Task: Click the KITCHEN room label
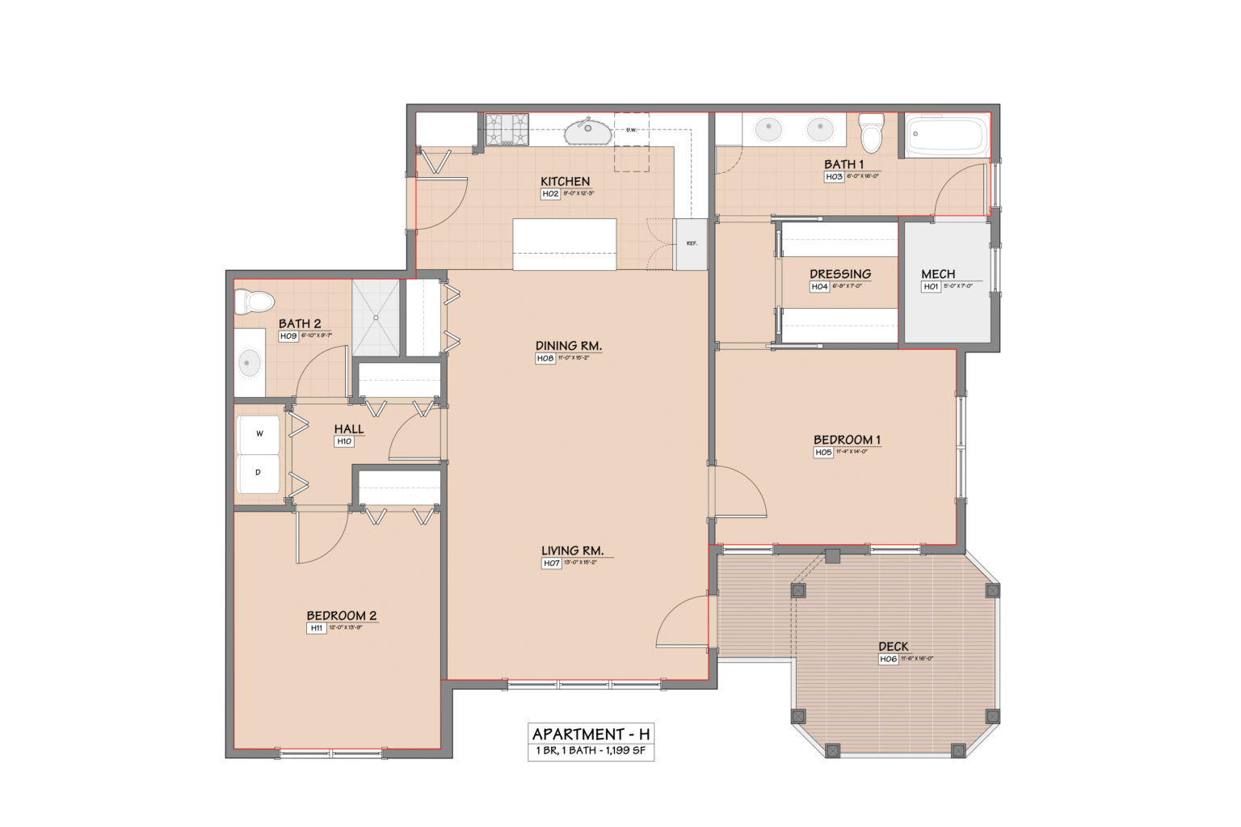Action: pyautogui.click(x=565, y=181)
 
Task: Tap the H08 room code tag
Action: pyautogui.click(x=545, y=358)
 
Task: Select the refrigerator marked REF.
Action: pyautogui.click(x=691, y=244)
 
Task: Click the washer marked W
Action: pyautogui.click(x=259, y=434)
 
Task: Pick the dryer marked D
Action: pyautogui.click(x=259, y=473)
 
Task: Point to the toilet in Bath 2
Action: pyautogui.click(x=254, y=302)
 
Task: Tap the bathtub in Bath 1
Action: pyautogui.click(x=946, y=135)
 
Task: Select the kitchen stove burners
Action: pyautogui.click(x=507, y=129)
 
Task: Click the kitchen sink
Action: pyautogui.click(x=588, y=130)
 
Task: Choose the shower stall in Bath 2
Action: pyautogui.click(x=376, y=318)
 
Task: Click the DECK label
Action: pyautogui.click(x=893, y=646)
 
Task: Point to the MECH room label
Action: pyautogui.click(x=938, y=274)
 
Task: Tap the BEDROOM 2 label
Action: pyautogui.click(x=341, y=615)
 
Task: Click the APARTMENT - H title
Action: pyautogui.click(x=591, y=734)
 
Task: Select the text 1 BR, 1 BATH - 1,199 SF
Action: pyautogui.click(x=591, y=751)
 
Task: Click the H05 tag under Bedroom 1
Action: pyautogui.click(x=823, y=453)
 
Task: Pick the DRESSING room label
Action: pyautogui.click(x=840, y=274)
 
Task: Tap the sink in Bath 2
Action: pyautogui.click(x=249, y=363)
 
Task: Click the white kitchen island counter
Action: pyautogui.click(x=564, y=244)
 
